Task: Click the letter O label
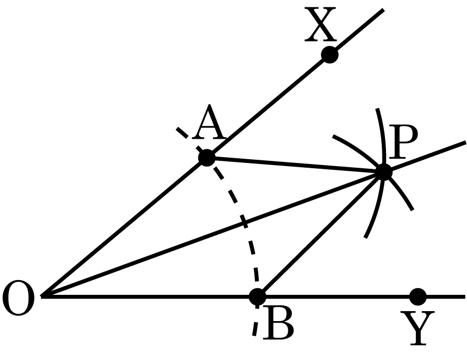tap(18, 298)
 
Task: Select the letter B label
tap(279, 323)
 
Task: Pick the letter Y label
tap(417, 328)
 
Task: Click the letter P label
tap(403, 142)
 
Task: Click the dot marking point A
tap(207, 158)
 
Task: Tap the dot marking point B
tap(257, 296)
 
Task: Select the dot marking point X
tap(330, 55)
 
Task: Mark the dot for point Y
tap(418, 296)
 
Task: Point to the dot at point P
tap(384, 172)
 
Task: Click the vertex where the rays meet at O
tap(42, 296)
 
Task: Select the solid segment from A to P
tap(295, 165)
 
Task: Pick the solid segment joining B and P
tap(320, 234)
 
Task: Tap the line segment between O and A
tap(124, 227)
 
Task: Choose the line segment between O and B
tap(149, 296)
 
